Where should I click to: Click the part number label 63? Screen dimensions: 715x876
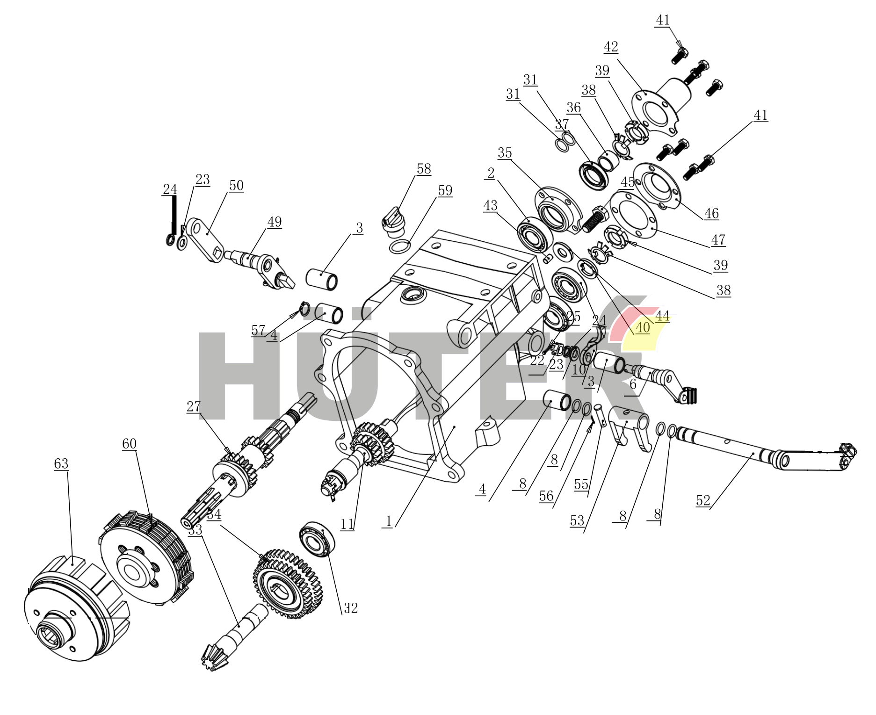[x=61, y=464]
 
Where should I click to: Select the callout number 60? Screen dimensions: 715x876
[x=130, y=444]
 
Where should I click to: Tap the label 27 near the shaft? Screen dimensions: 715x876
[x=194, y=406]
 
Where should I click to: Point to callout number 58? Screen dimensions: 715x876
[x=424, y=169]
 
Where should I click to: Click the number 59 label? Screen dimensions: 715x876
[x=445, y=190]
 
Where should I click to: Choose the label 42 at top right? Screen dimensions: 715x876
[x=611, y=47]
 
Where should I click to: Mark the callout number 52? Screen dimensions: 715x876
[x=703, y=501]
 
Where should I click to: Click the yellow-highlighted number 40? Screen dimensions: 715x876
[x=643, y=327]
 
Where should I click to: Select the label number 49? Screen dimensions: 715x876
[x=275, y=222]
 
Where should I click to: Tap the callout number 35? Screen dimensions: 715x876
[x=505, y=153]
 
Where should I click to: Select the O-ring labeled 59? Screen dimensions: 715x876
[x=399, y=246]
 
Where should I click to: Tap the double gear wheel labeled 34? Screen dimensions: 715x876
[x=288, y=584]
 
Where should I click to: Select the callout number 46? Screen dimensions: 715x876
[x=711, y=214]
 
